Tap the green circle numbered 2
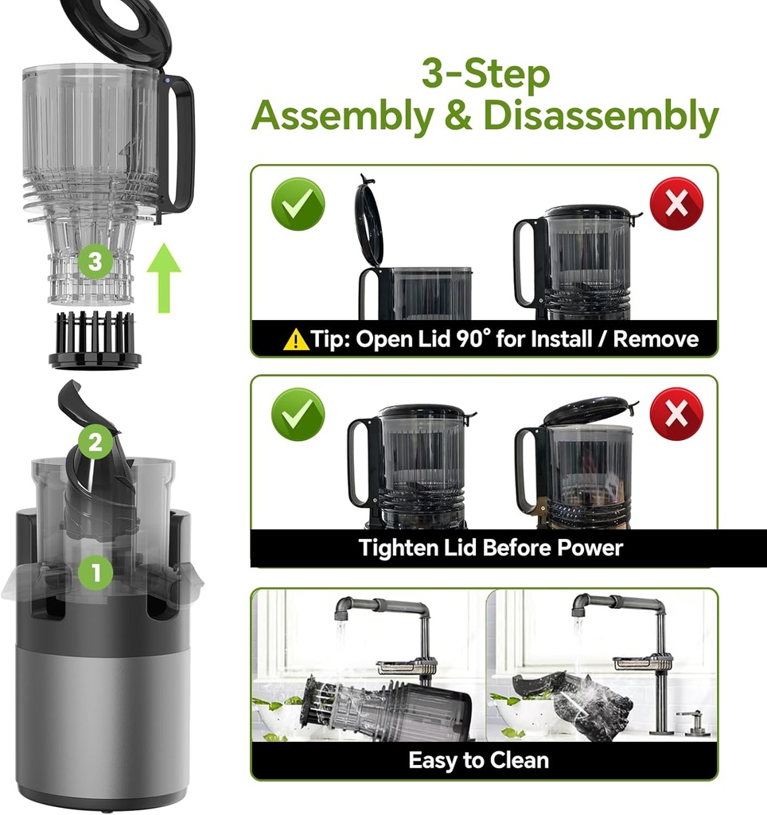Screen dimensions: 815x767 click(95, 443)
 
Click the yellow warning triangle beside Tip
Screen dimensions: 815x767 click(296, 340)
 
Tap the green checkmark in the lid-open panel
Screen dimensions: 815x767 click(298, 205)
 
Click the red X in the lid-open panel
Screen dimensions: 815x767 click(676, 204)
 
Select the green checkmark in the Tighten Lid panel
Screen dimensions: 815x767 click(298, 414)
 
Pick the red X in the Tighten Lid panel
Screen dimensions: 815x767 click(676, 414)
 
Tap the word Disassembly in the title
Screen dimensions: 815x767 click(601, 116)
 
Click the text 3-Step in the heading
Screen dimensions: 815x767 click(485, 76)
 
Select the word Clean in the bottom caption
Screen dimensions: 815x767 click(515, 760)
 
